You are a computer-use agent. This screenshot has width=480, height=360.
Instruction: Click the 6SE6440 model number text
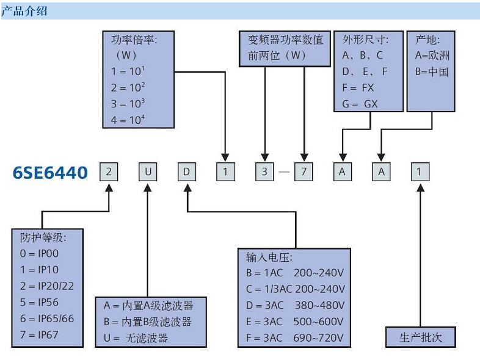[50, 173]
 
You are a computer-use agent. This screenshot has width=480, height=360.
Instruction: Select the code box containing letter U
[147, 172]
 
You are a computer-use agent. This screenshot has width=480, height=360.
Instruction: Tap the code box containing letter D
[187, 172]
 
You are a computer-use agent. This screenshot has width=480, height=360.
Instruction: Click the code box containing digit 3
[264, 172]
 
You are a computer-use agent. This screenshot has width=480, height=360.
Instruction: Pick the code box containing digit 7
[304, 172]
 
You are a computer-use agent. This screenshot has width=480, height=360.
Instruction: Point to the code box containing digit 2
[109, 172]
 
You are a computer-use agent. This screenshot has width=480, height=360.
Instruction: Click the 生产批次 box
[420, 337]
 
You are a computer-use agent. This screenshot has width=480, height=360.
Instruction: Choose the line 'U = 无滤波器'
[136, 337]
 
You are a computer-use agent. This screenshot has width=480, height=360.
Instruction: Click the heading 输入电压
[269, 257]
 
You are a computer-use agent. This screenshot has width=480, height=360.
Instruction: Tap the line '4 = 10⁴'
[128, 119]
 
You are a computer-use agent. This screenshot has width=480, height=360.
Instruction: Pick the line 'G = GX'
[360, 104]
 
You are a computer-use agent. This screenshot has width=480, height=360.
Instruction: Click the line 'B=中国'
[432, 71]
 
